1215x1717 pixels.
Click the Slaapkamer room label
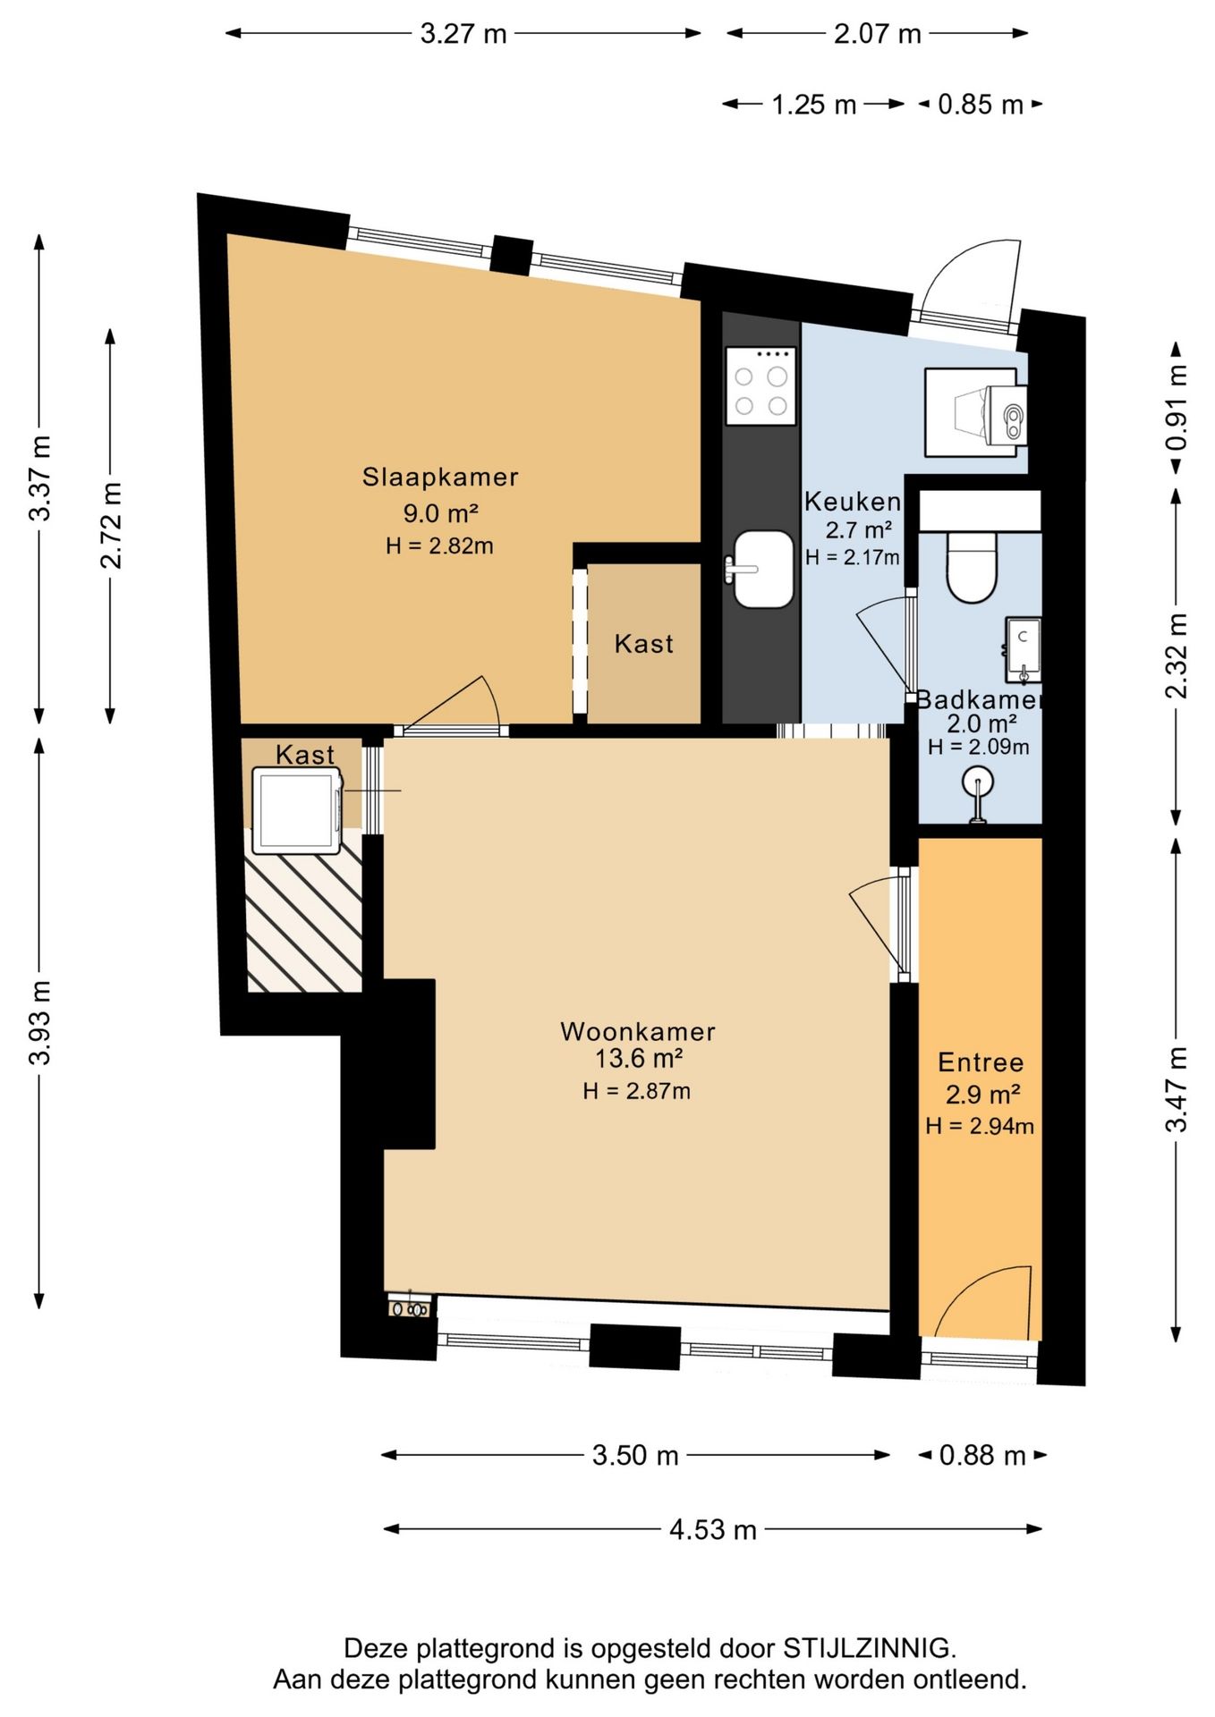440,477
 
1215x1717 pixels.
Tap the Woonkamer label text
638,1031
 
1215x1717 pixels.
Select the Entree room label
981,1062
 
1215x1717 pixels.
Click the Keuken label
852,502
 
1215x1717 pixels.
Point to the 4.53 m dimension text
713,1529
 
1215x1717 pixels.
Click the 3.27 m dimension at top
463,34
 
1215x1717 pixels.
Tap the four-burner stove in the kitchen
761,385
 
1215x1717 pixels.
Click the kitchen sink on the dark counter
761,569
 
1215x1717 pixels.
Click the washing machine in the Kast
298,811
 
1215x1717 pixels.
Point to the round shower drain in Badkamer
978,782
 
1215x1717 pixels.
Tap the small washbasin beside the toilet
1024,648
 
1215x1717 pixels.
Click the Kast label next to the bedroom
644,644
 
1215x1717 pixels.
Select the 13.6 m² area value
639,1059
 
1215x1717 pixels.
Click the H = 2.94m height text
980,1126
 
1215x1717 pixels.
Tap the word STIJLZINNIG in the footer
869,1647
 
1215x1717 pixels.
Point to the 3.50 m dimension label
635,1455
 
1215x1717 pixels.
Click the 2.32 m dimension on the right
1177,656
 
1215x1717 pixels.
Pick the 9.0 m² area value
440,513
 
